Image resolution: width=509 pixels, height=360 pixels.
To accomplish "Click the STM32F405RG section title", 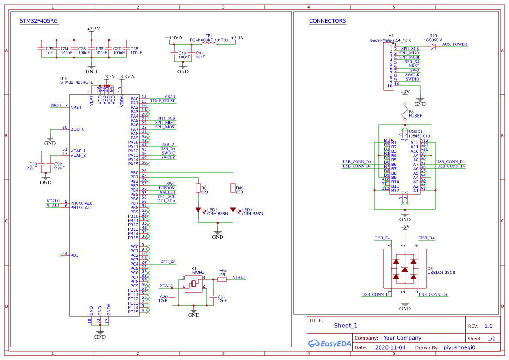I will tap(39, 21).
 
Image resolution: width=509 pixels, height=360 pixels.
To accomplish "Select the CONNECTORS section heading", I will tap(327, 21).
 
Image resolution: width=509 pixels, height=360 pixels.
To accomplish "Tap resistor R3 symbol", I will tap(198, 188).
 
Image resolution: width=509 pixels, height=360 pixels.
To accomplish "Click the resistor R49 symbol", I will tap(233, 188).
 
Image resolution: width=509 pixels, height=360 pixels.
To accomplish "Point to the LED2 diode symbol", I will tap(198, 210).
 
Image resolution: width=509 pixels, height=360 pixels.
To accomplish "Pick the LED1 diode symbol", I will tap(233, 210).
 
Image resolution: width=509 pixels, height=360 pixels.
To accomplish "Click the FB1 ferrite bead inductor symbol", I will tap(209, 44).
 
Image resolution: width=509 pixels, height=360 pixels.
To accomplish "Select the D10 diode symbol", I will tap(433, 47).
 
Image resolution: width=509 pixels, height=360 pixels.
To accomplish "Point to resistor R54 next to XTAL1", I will tap(222, 280).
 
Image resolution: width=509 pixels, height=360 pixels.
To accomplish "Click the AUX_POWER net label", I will tap(454, 44).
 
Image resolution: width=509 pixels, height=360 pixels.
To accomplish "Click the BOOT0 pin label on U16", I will tap(78, 129).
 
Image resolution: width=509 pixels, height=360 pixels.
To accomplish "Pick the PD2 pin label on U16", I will tap(74, 255).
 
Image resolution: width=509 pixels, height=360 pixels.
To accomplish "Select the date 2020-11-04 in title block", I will tap(390, 347).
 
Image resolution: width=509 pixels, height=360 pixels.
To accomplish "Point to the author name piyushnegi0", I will tap(459, 347).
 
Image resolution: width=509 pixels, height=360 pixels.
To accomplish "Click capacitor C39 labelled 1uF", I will tap(41, 50).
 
